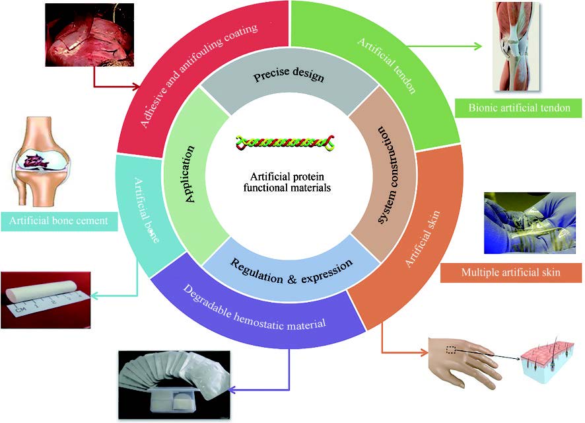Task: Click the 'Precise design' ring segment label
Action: tap(289, 77)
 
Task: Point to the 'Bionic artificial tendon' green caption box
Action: tap(519, 108)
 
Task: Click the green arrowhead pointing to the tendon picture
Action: tap(478, 46)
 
